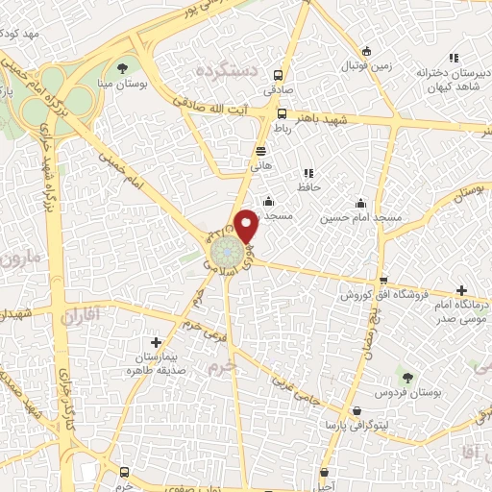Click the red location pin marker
coord(247,225)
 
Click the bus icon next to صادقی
coord(278,75)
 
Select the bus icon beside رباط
coord(282,112)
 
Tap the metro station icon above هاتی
coord(261,150)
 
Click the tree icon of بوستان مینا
coord(122,67)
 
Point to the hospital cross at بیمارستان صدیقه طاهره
coord(156,342)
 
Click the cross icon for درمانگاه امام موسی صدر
coord(462,290)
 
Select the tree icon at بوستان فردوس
coord(407,379)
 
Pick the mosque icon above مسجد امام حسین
coord(360,203)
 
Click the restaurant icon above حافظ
coord(307,173)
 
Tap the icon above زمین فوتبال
coord(365,52)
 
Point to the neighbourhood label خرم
coord(221,368)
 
